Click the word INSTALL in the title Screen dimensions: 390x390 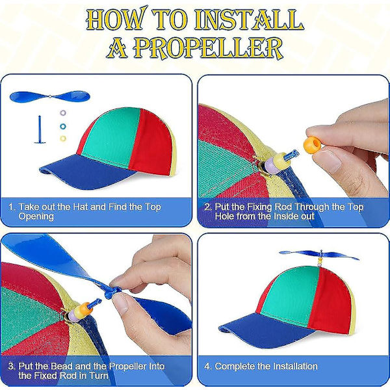tap(249, 20)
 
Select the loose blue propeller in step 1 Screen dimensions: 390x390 tap(50, 96)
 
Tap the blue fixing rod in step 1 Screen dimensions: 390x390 tap(40, 129)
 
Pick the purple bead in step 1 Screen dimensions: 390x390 tap(63, 113)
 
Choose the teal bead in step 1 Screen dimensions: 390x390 tap(63, 126)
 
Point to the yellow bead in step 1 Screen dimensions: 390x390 tap(63, 138)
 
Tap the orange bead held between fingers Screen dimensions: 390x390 tap(312, 144)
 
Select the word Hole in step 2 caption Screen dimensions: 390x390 tap(225, 216)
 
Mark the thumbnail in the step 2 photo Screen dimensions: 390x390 tap(326, 161)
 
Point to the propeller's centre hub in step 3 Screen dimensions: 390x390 tap(112, 293)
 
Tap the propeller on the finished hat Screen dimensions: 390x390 tap(319, 255)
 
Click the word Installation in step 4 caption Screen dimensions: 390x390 tap(295, 366)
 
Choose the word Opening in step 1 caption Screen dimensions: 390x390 tap(36, 216)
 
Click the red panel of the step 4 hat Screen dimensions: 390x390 tap(330, 301)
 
